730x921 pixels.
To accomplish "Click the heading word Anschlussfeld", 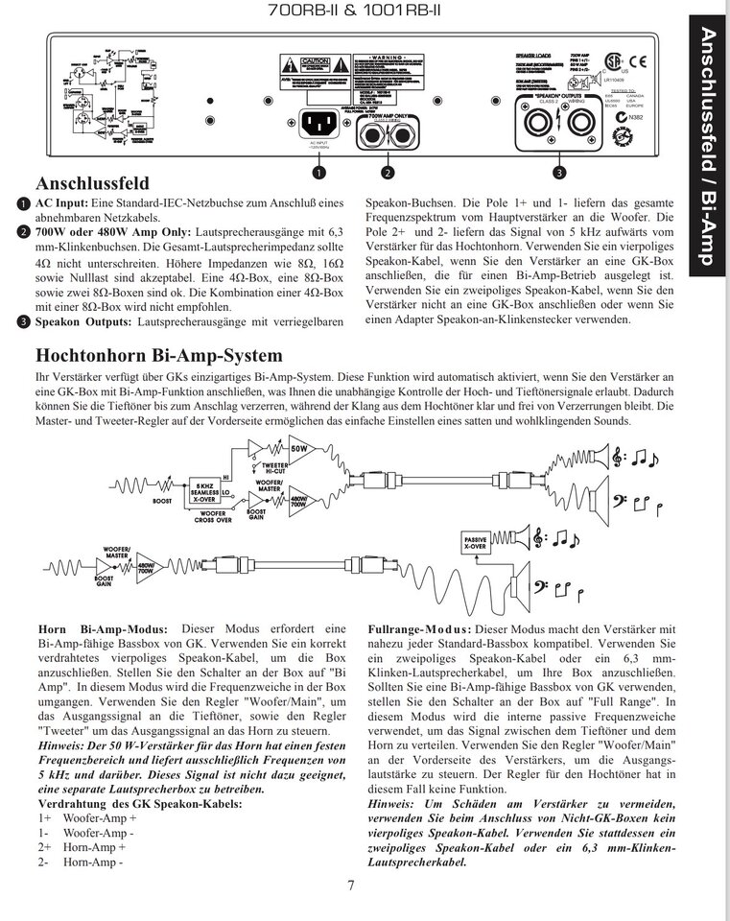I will tap(91, 183).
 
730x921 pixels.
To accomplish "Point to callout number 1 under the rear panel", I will tap(318, 173).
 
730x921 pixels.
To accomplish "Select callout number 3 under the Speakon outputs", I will tap(559, 173).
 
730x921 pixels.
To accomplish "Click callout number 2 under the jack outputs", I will tap(387, 173).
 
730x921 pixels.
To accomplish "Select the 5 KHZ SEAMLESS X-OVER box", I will tap(204, 491).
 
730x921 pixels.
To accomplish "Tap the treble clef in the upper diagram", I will tap(618, 458).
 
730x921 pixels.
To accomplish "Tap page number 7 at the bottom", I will tap(351, 885).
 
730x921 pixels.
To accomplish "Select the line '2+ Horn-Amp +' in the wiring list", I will tap(82, 847).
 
